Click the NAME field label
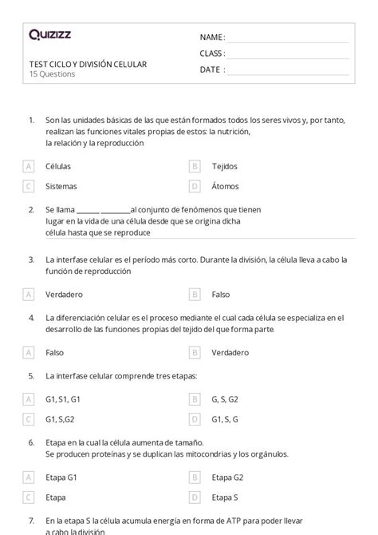212,38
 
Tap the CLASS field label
212,53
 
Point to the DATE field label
211,69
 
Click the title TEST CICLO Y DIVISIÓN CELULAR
88,64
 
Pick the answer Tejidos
224,166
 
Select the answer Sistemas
61,186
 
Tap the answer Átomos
225,186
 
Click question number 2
31,209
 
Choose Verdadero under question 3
65,294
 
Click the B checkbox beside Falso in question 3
194,294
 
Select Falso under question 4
55,352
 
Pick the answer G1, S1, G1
63,398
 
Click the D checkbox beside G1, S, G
194,418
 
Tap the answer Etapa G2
229,477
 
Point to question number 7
31,520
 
